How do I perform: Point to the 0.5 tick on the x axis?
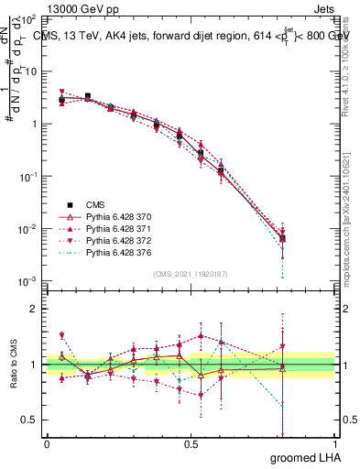coord(191,443)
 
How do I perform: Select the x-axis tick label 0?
coord(47,443)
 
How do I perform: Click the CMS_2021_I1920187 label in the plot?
coord(191,274)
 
